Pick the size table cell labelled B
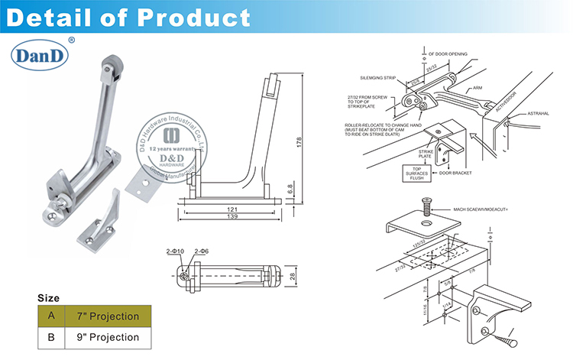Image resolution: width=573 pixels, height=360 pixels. point(51,337)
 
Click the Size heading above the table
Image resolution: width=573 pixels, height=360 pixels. point(48,297)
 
